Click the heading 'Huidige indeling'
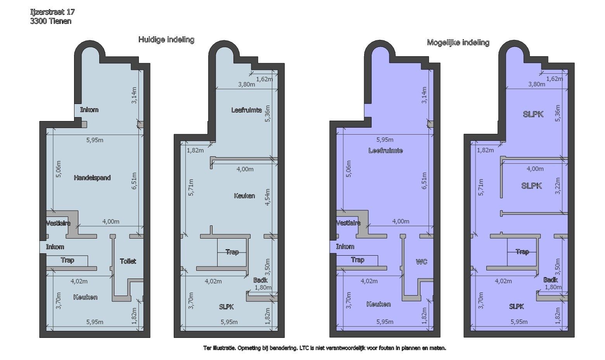tap(166, 40)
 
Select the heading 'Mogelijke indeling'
tap(458, 43)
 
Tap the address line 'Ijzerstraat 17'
tap(52, 12)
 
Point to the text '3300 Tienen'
tap(50, 21)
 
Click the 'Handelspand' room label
tap(92, 178)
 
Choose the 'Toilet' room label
tap(128, 261)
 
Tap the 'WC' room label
tap(421, 262)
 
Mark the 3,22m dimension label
tap(558, 186)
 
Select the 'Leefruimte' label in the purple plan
tap(385, 151)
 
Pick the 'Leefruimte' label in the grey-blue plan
tap(246, 110)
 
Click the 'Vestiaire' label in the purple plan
tap(348, 223)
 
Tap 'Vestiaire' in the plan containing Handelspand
tap(58, 223)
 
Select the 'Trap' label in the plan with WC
tap(358, 260)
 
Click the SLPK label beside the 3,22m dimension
tap(531, 186)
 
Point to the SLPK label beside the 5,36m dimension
tap(533, 114)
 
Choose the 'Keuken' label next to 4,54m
tap(244, 196)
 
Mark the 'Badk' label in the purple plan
tap(550, 280)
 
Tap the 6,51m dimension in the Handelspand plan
tap(134, 181)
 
